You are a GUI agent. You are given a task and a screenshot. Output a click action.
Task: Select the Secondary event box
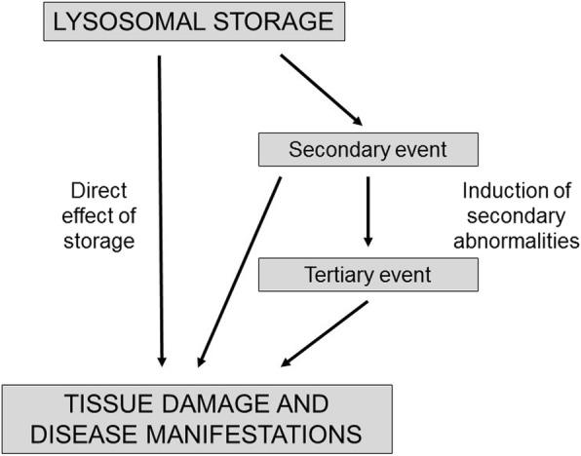(x=368, y=151)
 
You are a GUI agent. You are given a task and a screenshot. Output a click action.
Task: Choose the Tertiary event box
(x=368, y=275)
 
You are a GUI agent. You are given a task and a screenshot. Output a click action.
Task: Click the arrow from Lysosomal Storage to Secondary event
(x=322, y=91)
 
